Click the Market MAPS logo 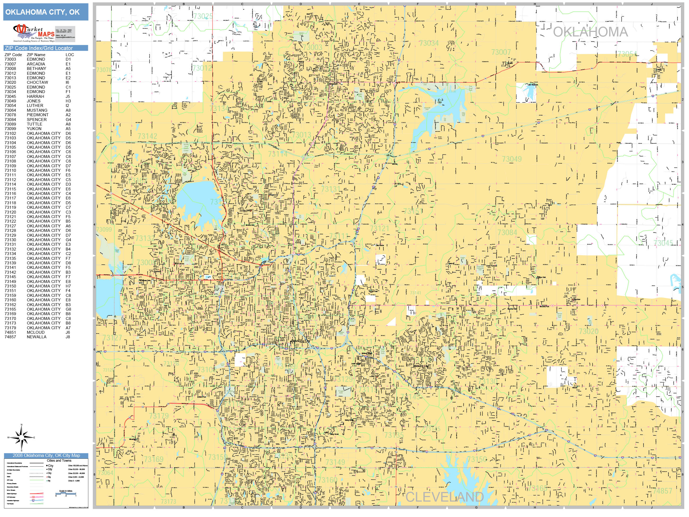34,33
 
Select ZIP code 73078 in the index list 10,115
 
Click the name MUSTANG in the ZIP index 37,110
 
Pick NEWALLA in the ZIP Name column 36,337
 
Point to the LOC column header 70,55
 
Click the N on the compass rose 22,425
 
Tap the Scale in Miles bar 66,494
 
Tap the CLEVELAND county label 444,497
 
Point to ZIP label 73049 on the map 511,159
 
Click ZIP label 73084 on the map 507,232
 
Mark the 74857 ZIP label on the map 662,491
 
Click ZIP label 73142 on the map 147,136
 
